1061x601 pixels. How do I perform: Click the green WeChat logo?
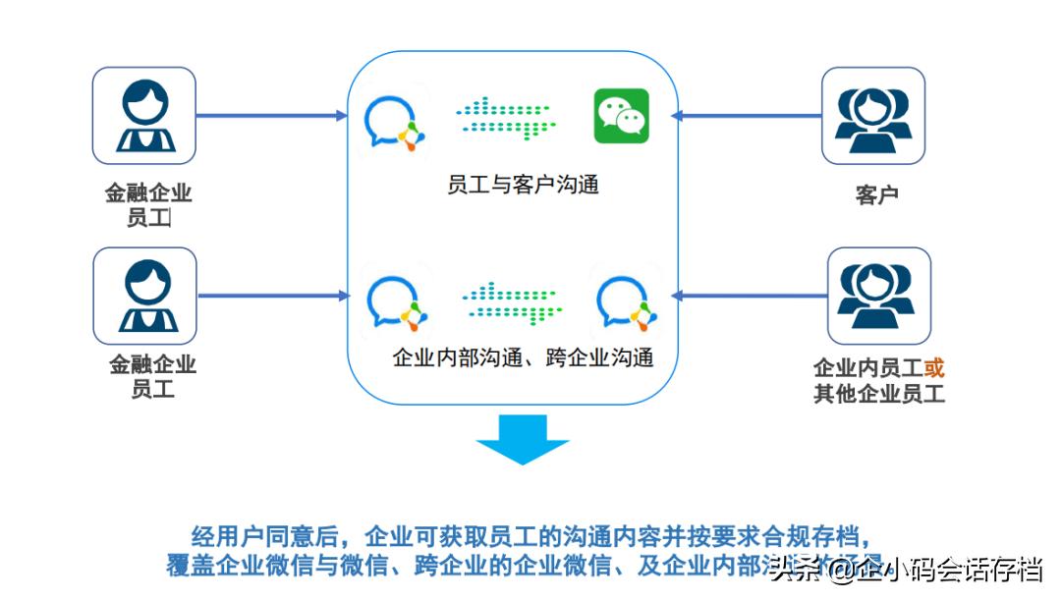click(621, 116)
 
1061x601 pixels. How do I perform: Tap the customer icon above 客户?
click(872, 116)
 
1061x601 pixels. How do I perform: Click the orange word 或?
click(933, 368)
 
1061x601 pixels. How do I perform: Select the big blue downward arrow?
click(523, 439)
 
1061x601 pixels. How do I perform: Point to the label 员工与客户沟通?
click(523, 184)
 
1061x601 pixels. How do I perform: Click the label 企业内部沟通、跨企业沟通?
click(523, 357)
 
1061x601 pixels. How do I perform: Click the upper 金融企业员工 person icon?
click(143, 116)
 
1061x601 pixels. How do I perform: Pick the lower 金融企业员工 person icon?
click(144, 295)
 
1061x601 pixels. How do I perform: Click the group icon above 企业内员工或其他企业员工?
click(878, 295)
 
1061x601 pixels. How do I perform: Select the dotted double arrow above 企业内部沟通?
click(512, 301)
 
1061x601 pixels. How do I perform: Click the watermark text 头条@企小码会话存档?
click(904, 569)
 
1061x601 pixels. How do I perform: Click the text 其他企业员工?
click(878, 395)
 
